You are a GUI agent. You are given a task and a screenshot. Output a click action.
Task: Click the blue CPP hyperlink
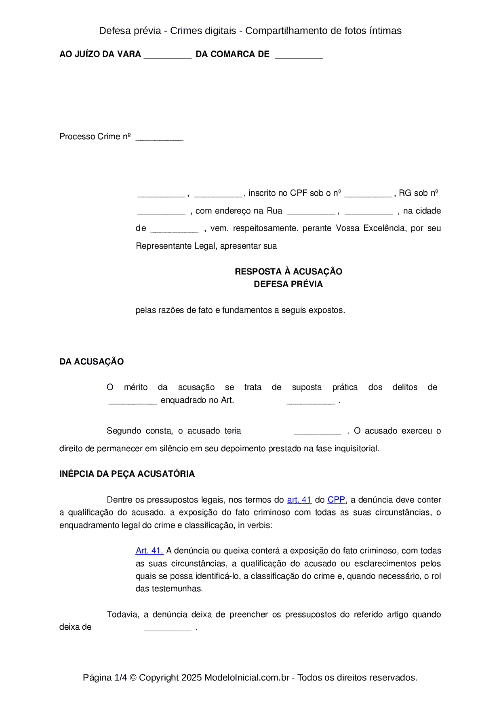(x=336, y=500)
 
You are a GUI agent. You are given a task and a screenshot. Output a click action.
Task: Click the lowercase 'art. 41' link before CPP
(x=299, y=500)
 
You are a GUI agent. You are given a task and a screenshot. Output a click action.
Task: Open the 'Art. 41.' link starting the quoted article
(x=149, y=551)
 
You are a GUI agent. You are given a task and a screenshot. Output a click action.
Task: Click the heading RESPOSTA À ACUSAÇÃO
(x=288, y=271)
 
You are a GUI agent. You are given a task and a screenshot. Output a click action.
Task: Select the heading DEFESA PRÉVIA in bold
(x=288, y=284)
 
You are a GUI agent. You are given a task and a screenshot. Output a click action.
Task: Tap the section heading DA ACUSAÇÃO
(x=92, y=362)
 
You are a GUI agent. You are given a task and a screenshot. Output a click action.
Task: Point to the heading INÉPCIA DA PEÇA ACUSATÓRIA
(x=127, y=474)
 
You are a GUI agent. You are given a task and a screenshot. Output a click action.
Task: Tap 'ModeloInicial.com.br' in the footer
(x=247, y=677)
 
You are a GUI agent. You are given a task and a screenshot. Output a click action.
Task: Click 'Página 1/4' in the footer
(x=105, y=677)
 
